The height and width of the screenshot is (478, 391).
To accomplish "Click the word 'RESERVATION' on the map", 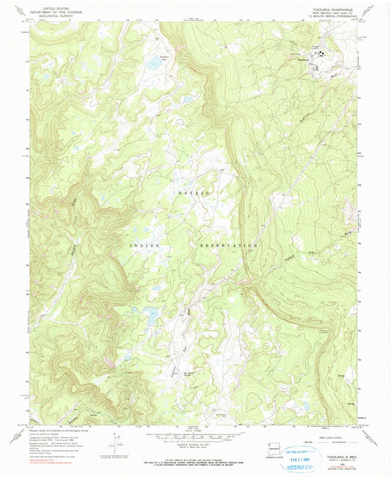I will point(227,244).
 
